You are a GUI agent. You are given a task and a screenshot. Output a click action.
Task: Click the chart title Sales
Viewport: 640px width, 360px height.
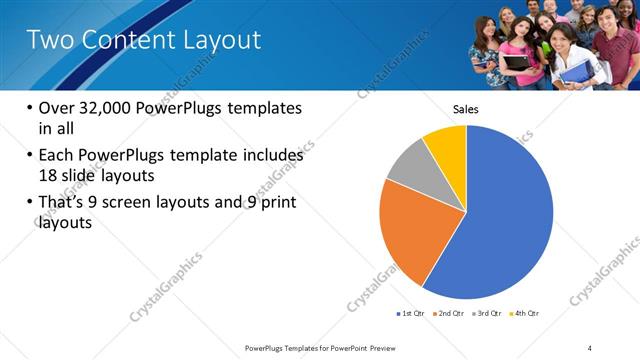(x=467, y=108)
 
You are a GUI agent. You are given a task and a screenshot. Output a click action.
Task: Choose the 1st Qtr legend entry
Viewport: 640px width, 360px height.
(x=410, y=314)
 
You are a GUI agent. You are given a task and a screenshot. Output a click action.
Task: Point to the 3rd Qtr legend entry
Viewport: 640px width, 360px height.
(x=487, y=314)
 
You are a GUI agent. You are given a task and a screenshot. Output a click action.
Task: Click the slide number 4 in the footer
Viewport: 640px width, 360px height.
(x=590, y=347)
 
